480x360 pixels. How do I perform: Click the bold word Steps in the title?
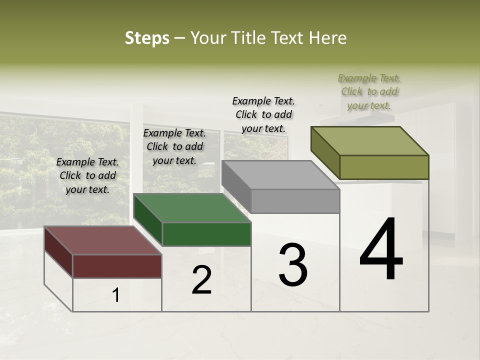point(147,38)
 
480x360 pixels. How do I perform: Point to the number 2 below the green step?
point(202,280)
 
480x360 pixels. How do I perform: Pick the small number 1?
point(116,295)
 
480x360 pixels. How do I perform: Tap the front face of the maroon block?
point(117,266)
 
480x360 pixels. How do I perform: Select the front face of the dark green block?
point(206,234)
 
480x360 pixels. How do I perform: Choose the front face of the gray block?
point(295,201)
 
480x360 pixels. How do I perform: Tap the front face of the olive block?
point(384,167)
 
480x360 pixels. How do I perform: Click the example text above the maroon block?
point(87,175)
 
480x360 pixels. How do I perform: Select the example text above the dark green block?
point(174,146)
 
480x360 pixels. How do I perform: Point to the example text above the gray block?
point(263,114)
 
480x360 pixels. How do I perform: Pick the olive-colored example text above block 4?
point(369,91)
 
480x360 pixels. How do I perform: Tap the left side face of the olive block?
point(325,152)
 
